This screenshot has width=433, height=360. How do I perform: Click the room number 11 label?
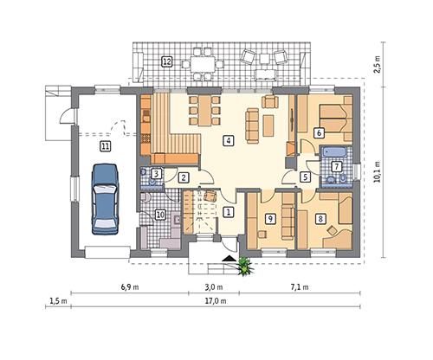(105, 147)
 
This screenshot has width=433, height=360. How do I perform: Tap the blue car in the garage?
(105, 197)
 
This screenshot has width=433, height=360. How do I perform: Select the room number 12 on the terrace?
(166, 61)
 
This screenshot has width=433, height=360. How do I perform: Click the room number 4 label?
(228, 140)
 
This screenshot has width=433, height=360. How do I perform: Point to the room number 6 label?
(320, 132)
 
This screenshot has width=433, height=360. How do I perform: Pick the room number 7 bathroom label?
(337, 166)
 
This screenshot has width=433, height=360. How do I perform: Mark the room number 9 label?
(270, 220)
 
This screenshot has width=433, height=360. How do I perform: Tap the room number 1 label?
(228, 211)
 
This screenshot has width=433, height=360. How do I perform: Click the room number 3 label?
(155, 174)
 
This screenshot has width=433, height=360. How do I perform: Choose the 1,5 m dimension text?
(58, 301)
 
